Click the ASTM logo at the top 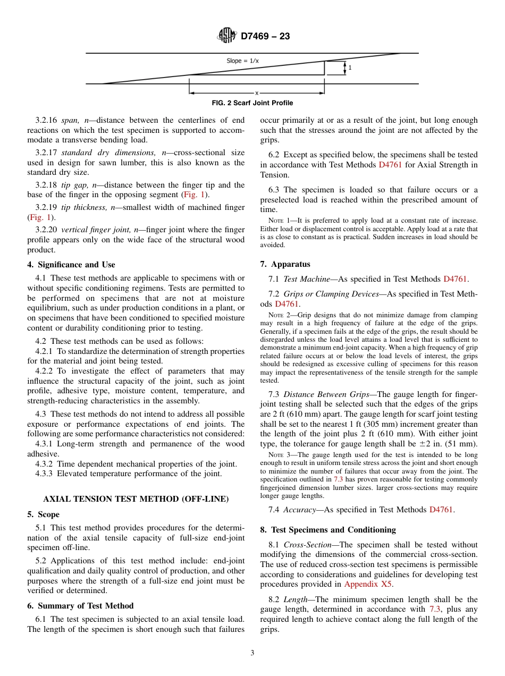[227, 36]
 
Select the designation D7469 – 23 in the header [265, 37]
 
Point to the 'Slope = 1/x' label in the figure [243, 61]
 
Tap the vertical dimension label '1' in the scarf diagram [350, 67]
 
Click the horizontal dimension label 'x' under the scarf [257, 92]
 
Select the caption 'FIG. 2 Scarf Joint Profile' [252, 103]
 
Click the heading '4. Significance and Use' [71, 265]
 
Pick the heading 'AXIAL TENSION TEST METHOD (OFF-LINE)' [136, 498]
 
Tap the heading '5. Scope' [44, 514]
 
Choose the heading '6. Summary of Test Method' [80, 606]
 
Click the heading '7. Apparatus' [285, 264]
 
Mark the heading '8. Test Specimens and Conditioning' [328, 530]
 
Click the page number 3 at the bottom [252, 653]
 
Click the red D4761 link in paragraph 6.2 [391, 165]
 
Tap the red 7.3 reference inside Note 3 [338, 479]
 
